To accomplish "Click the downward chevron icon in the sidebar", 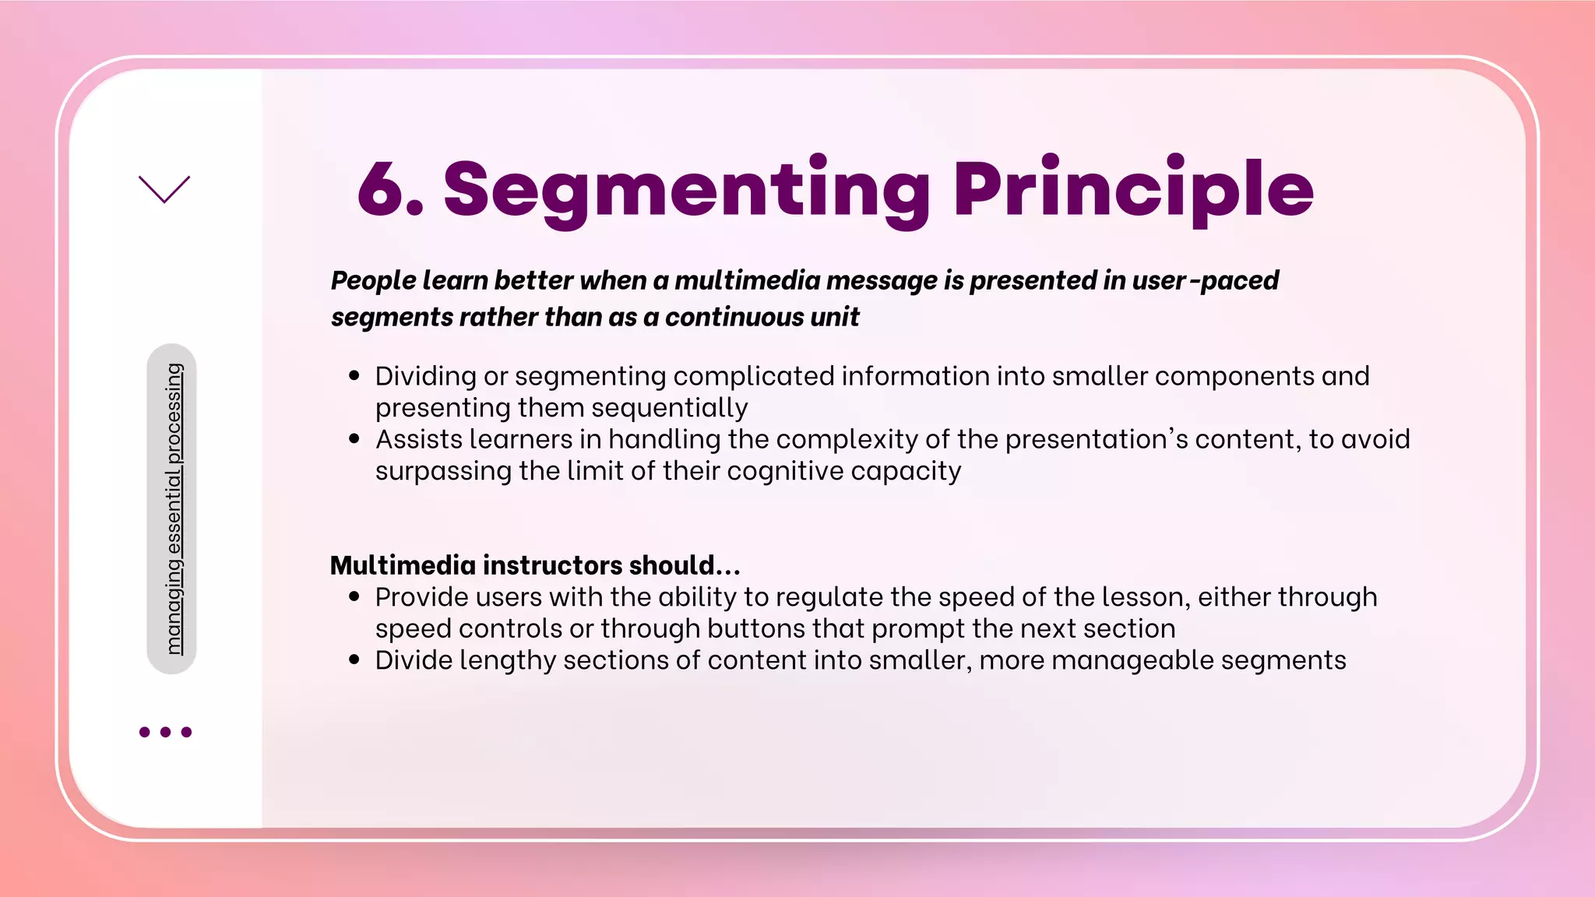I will pos(164,189).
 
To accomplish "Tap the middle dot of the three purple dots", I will pos(165,732).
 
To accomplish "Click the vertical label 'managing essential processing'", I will pos(173,508).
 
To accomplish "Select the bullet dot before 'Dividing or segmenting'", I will pos(355,376).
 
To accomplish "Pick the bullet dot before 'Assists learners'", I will pos(355,439).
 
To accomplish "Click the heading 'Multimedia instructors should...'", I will pos(535,565).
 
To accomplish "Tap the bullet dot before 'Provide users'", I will pos(355,597).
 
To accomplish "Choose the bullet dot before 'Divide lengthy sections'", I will pos(355,660).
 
